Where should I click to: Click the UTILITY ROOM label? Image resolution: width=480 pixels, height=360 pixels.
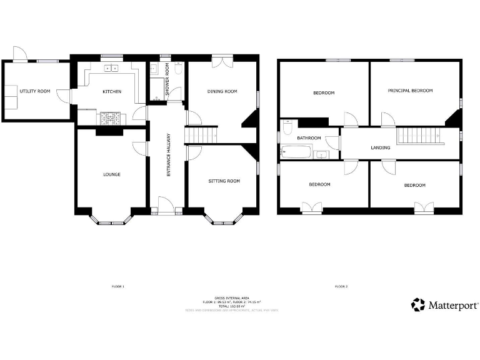(35, 91)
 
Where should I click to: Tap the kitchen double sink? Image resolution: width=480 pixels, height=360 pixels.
(111, 69)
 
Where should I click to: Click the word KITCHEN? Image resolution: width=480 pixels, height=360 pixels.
(112, 92)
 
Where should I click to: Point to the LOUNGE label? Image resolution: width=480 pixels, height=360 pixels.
(112, 174)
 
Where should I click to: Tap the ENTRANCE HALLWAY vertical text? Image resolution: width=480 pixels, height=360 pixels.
(168, 154)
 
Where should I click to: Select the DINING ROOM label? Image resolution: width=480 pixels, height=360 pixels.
(222, 91)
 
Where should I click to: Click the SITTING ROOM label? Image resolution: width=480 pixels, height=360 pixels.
(224, 181)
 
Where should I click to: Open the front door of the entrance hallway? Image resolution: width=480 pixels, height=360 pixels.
(167, 204)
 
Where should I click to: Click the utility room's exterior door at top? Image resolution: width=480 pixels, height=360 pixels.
(20, 54)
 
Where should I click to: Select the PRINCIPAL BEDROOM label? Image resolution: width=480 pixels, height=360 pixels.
(410, 91)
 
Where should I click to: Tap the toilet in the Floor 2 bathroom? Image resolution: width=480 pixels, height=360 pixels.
(287, 128)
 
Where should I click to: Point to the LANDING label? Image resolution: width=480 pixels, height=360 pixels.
(381, 148)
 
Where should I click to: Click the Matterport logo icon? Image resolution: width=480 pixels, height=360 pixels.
(417, 305)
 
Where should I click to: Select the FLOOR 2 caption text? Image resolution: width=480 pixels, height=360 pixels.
(341, 286)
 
